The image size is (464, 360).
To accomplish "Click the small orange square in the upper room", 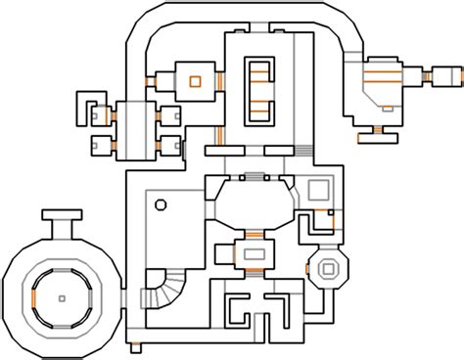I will (x=194, y=79).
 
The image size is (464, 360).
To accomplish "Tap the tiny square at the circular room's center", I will (x=61, y=296).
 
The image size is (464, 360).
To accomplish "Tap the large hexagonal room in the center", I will (x=251, y=203).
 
